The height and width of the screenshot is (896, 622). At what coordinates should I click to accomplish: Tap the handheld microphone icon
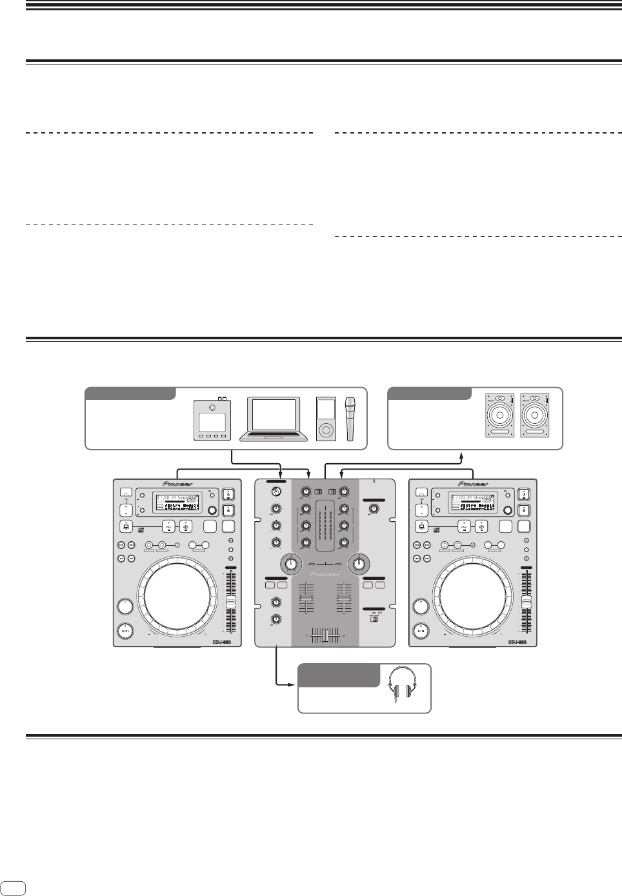351,419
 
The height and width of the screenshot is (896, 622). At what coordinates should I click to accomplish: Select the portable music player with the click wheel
326,419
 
